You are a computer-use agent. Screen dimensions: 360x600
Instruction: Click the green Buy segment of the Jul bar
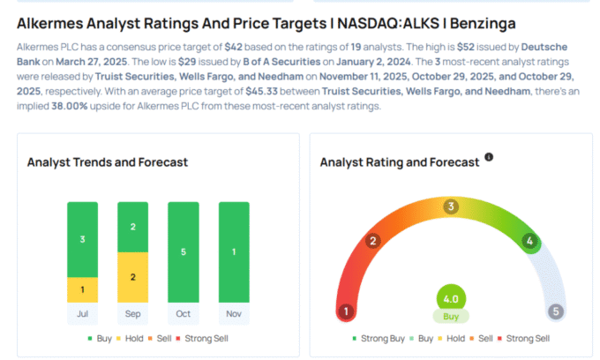(x=82, y=239)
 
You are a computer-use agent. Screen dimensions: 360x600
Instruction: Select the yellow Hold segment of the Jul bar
(x=82, y=289)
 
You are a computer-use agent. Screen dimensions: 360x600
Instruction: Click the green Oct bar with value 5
(x=184, y=251)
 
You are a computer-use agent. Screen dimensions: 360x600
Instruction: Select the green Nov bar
(x=234, y=251)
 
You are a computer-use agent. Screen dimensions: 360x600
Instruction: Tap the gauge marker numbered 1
(x=347, y=311)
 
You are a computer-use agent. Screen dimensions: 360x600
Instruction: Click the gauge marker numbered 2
(x=373, y=241)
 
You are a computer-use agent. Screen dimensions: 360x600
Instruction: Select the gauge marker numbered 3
(x=451, y=207)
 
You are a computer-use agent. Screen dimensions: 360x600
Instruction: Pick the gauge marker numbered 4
(x=529, y=241)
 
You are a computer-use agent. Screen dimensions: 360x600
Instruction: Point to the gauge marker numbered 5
(x=555, y=311)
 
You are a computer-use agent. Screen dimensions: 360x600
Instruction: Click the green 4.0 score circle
(x=451, y=297)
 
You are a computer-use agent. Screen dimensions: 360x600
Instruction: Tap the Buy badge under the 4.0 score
(x=451, y=316)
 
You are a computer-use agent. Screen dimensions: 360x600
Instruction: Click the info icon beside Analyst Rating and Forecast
(x=489, y=157)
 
